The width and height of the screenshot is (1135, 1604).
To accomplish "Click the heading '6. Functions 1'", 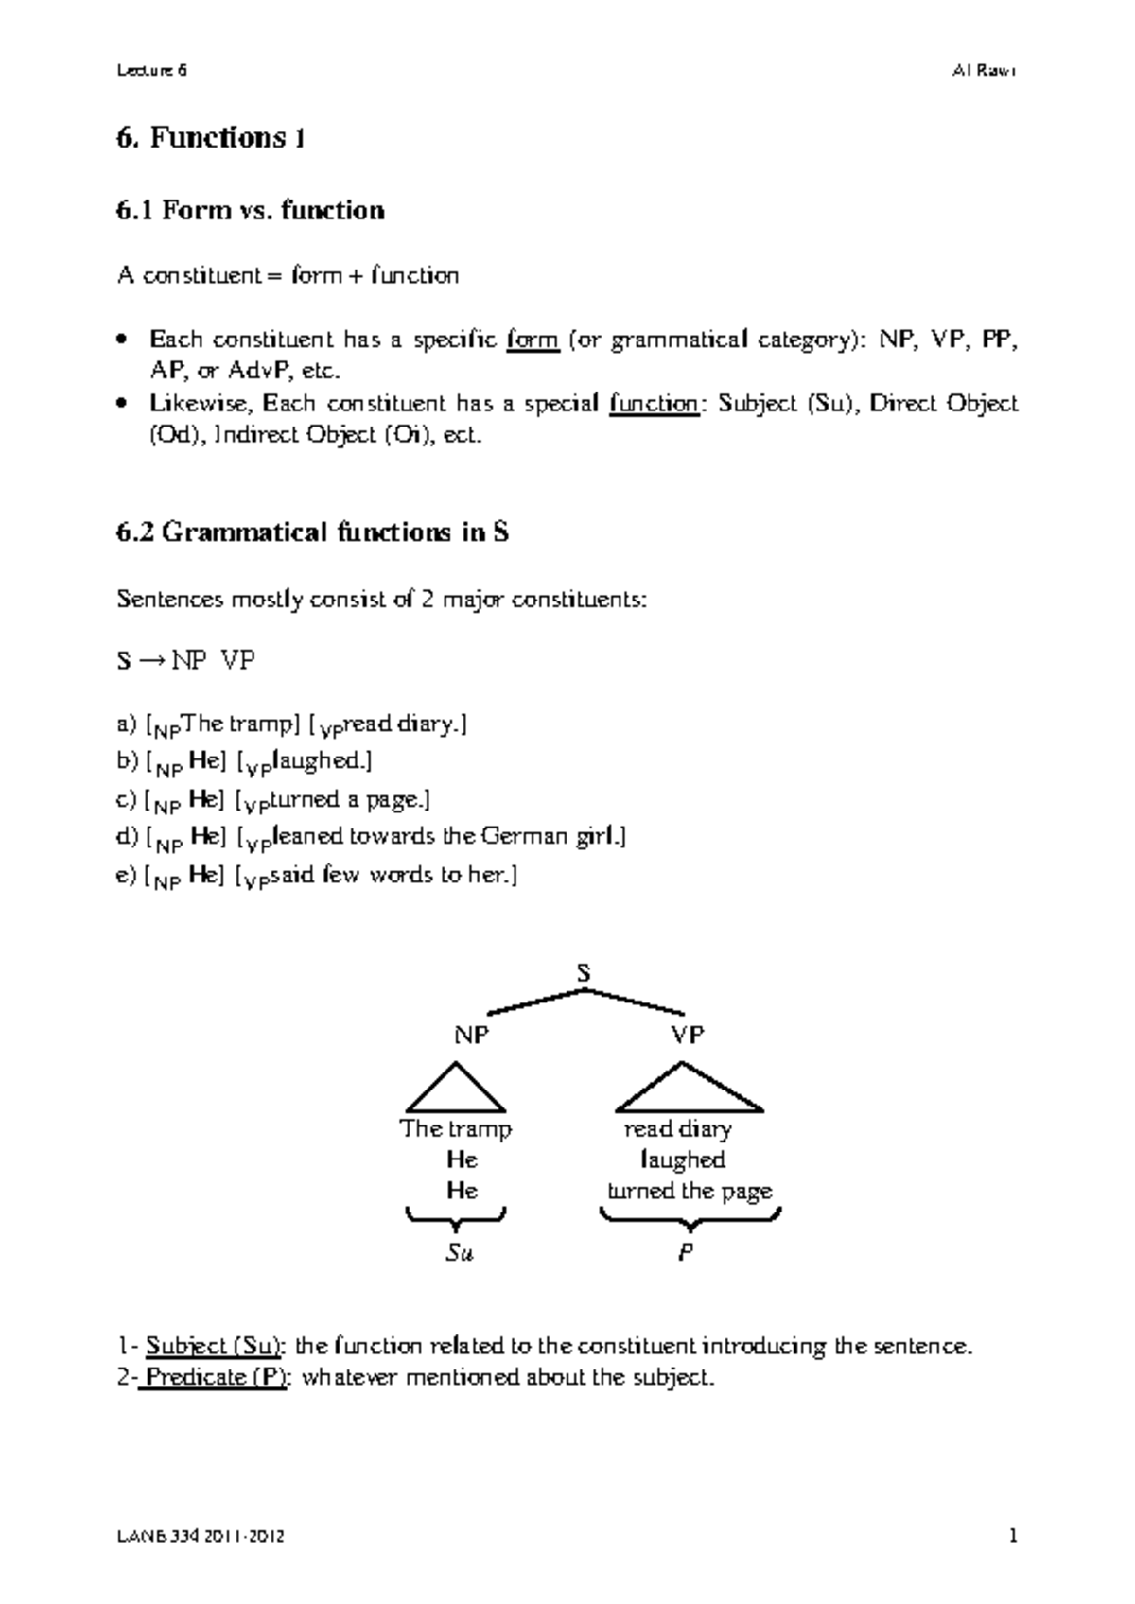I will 210,138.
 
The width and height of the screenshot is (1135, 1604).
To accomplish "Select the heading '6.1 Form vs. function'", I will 250,210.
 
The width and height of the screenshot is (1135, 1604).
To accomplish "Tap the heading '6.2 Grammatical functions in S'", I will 312,532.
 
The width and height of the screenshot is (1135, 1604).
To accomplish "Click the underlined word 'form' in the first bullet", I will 533,340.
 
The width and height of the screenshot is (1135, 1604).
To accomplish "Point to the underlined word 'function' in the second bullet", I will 653,404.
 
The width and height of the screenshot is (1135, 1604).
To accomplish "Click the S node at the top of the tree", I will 584,972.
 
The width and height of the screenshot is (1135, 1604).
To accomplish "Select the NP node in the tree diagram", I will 471,1035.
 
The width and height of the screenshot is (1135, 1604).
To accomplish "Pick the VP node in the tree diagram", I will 688,1035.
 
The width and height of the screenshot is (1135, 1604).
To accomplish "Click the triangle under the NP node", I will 456,1090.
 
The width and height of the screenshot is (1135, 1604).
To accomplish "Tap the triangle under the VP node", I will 688,1090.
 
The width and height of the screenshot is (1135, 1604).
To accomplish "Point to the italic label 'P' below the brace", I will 687,1253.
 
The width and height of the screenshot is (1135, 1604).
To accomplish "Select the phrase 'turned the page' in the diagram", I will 689,1191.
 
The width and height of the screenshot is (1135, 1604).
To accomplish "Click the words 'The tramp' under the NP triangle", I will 456,1128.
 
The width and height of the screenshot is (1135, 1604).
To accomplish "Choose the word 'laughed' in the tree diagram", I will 682,1159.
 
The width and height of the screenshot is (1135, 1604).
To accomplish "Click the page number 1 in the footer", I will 1013,1537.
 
